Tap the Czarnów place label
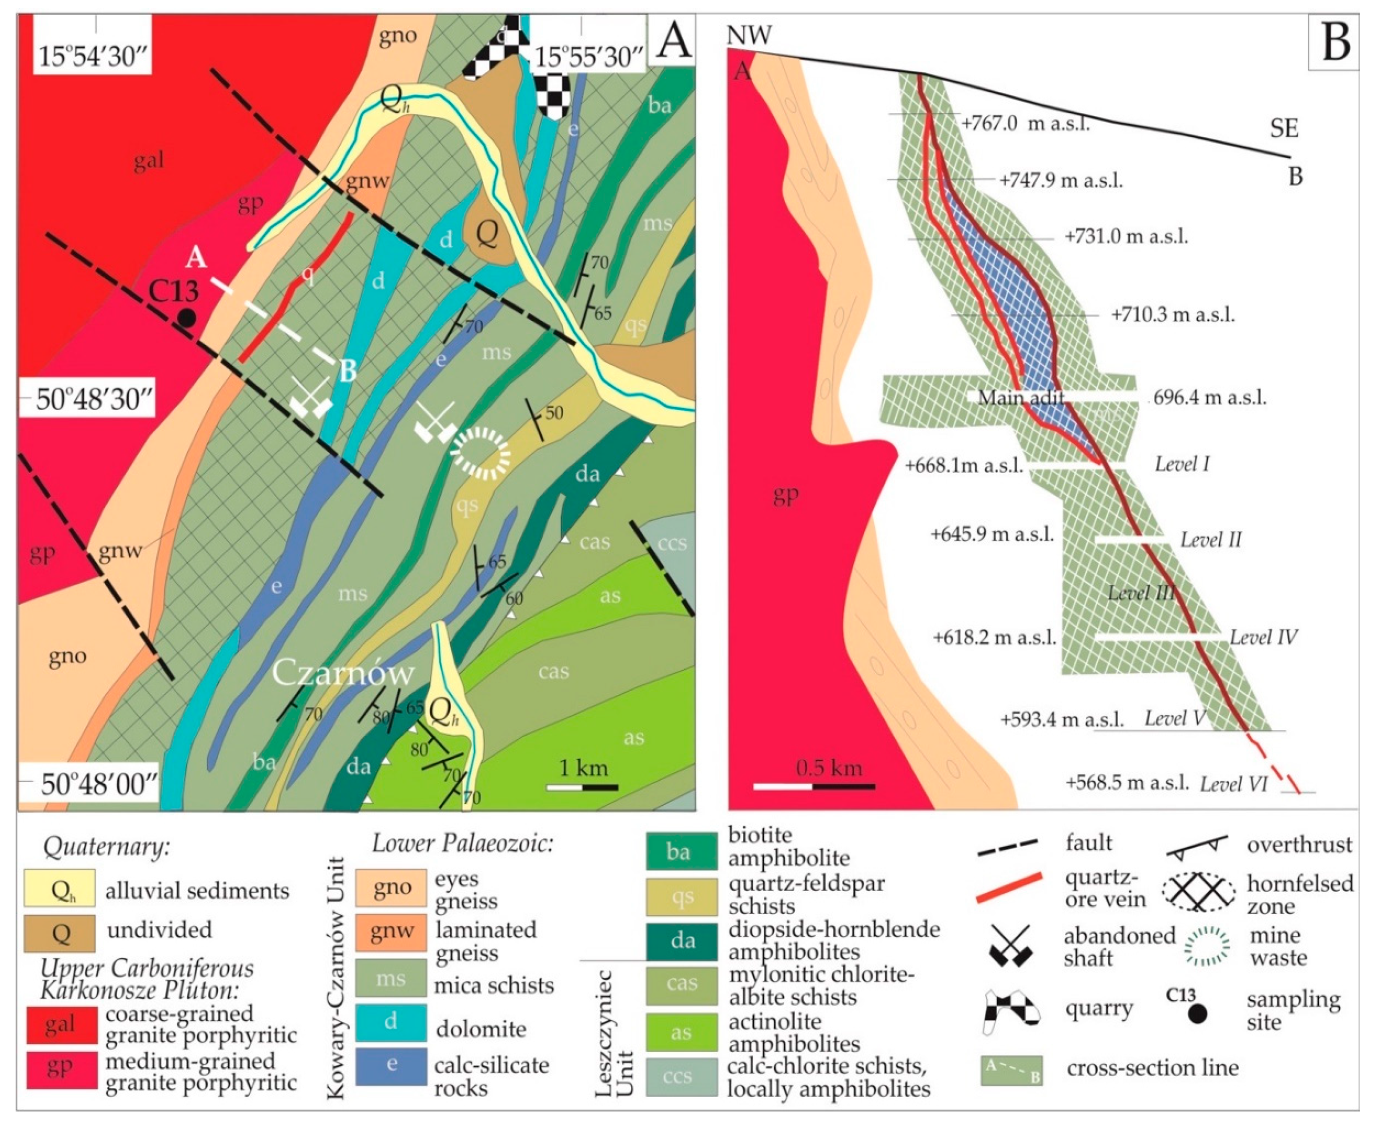point(343,672)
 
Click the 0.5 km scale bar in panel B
point(814,786)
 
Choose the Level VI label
point(1234,784)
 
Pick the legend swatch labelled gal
point(60,1024)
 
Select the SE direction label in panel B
point(1284,129)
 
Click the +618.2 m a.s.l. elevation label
point(994,637)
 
